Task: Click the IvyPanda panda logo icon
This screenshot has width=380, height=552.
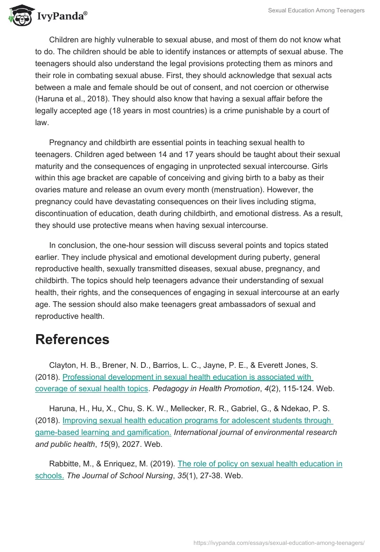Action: click(x=19, y=15)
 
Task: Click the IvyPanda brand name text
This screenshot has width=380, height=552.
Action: click(x=62, y=16)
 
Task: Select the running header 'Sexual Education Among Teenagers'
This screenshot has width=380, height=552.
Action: click(x=316, y=10)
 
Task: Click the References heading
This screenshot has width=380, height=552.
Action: click(x=72, y=339)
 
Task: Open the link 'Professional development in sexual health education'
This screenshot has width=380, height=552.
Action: click(x=187, y=377)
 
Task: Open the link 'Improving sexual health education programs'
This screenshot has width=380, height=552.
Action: click(x=197, y=421)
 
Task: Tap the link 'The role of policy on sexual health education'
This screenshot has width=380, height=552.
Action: click(x=260, y=464)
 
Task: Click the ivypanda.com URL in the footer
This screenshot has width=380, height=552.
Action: click(x=279, y=542)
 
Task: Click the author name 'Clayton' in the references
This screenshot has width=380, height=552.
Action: click(x=62, y=365)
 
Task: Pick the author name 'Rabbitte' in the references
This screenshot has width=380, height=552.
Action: click(x=65, y=464)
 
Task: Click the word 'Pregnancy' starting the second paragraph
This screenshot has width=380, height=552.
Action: click(x=67, y=143)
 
